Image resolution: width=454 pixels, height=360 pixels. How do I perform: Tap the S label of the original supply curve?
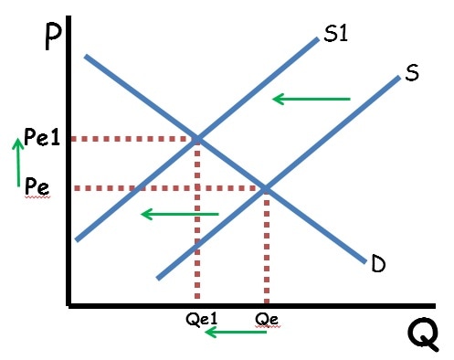411,74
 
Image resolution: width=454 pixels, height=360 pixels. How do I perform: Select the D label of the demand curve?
379,264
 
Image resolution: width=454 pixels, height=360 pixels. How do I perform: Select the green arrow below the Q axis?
235,332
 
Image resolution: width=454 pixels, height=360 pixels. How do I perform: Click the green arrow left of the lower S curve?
180,214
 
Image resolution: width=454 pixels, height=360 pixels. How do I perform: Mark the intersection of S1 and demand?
197,139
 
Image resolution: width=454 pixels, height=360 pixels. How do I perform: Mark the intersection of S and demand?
266,188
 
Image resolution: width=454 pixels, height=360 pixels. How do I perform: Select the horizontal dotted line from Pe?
164,188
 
